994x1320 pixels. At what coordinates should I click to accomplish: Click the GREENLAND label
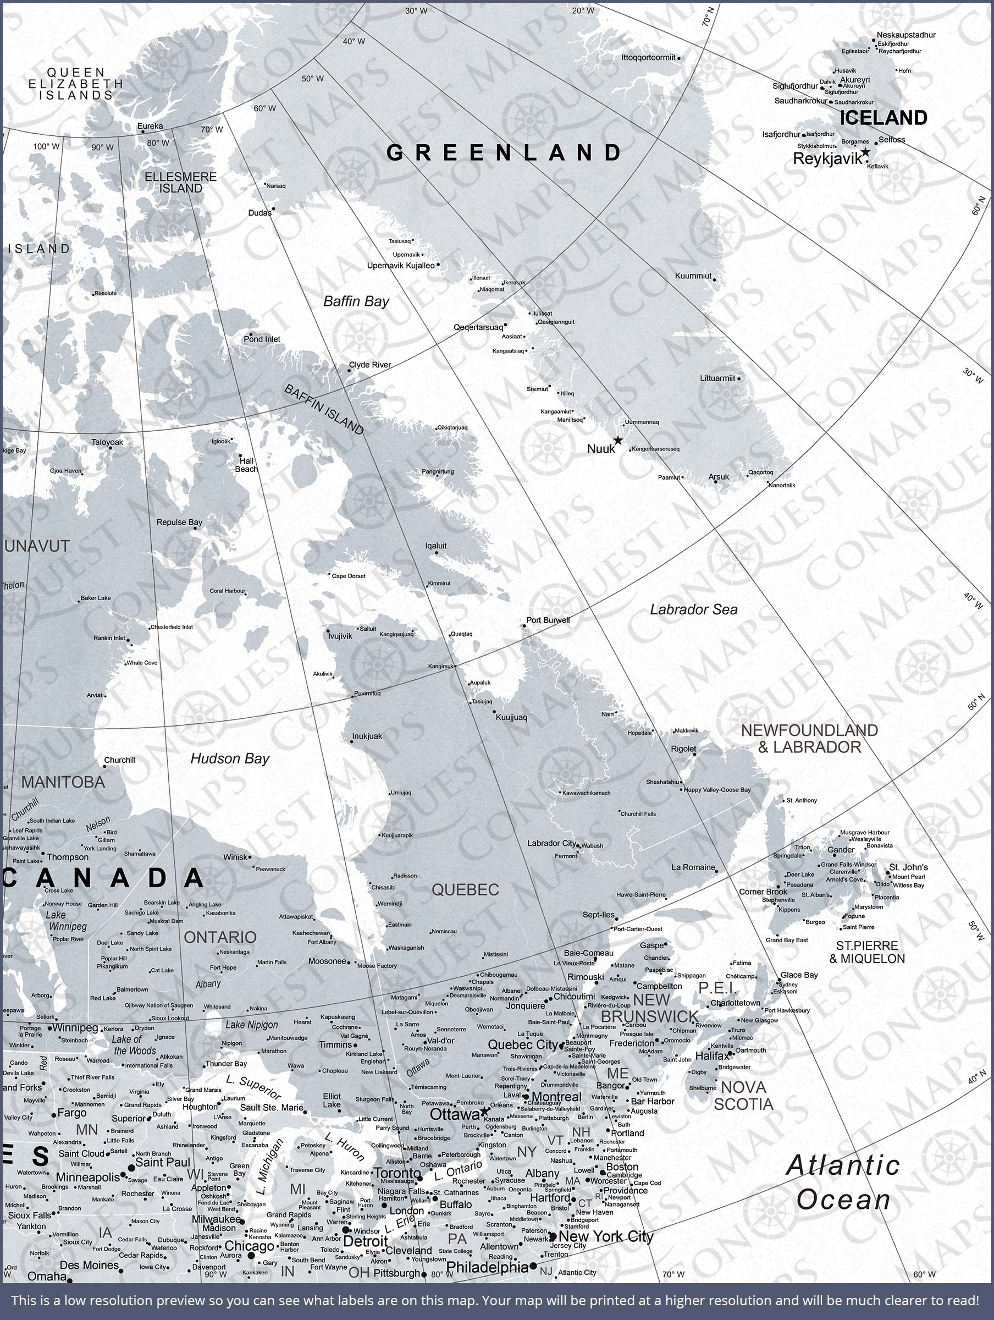[x=504, y=153]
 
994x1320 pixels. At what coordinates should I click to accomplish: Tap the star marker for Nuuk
[x=618, y=441]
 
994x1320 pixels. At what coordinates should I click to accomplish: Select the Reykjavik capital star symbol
[x=865, y=153]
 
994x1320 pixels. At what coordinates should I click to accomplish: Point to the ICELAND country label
[x=883, y=118]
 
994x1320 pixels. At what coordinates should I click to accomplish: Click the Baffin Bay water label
[x=356, y=301]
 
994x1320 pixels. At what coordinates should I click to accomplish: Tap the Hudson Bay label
[x=230, y=758]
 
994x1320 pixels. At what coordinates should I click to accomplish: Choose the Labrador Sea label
[x=693, y=609]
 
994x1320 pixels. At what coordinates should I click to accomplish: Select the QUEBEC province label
[x=465, y=890]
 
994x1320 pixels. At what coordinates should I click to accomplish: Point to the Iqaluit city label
[x=435, y=546]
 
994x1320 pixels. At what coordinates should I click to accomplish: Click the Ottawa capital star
[x=484, y=1112]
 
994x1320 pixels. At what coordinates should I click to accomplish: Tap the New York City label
[x=606, y=1236]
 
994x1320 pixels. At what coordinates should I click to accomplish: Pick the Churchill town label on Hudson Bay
[x=120, y=760]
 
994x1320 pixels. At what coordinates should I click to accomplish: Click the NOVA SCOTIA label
[x=743, y=1096]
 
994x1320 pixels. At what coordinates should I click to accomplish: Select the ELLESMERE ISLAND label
[x=181, y=183]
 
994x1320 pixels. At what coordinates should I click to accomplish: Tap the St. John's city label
[x=908, y=867]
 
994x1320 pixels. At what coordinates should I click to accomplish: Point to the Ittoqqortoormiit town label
[x=648, y=58]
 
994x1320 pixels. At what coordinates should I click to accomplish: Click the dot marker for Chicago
[x=251, y=1256]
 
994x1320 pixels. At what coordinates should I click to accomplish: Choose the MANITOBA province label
[x=63, y=782]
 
